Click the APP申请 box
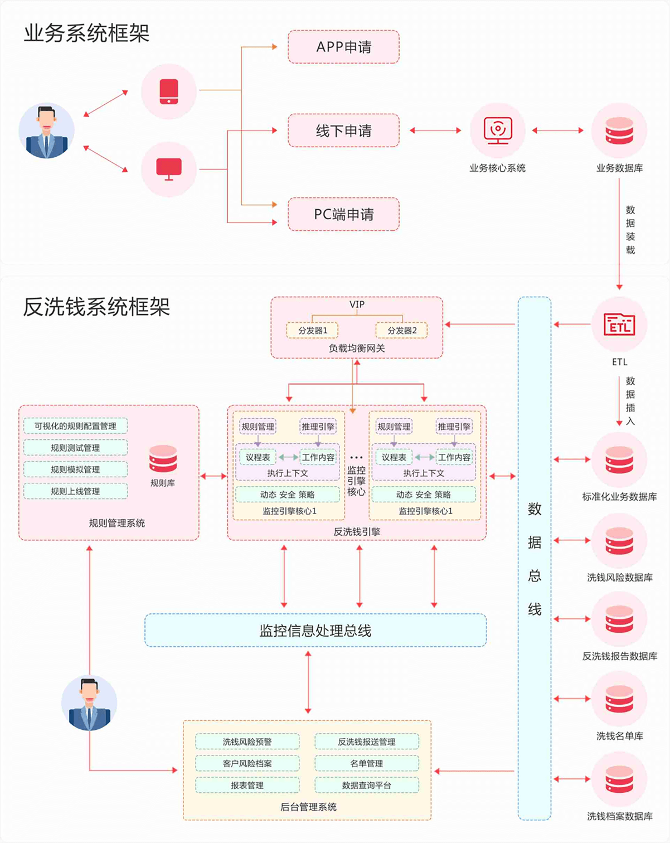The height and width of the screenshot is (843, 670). pyautogui.click(x=343, y=47)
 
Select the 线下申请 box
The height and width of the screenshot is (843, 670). pyautogui.click(x=343, y=131)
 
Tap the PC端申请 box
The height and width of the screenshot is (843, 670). pyautogui.click(x=343, y=215)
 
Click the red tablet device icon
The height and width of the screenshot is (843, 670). pyautogui.click(x=169, y=91)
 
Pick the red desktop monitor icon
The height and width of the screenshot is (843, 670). pyautogui.click(x=169, y=169)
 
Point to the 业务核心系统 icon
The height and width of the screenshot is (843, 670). pyautogui.click(x=497, y=130)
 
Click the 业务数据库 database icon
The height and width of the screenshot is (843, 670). pyautogui.click(x=619, y=130)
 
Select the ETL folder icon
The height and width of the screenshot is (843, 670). pyautogui.click(x=619, y=324)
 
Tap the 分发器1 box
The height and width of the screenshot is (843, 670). pyautogui.click(x=312, y=331)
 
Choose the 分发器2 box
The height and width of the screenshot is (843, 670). pyautogui.click(x=401, y=331)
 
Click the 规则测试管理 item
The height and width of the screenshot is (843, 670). pyautogui.click(x=75, y=448)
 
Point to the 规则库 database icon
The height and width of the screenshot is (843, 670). pyautogui.click(x=163, y=459)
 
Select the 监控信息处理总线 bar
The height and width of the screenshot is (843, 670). pyautogui.click(x=315, y=631)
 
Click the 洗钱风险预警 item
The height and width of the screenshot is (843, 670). pyautogui.click(x=247, y=742)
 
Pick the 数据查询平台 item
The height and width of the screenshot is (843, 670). pyautogui.click(x=366, y=785)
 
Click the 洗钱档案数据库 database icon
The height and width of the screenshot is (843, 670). pyautogui.click(x=619, y=779)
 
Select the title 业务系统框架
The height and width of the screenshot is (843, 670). pyautogui.click(x=86, y=33)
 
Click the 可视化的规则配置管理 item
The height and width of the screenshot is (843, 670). pyautogui.click(x=75, y=426)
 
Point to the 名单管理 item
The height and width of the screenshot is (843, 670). pyautogui.click(x=366, y=763)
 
